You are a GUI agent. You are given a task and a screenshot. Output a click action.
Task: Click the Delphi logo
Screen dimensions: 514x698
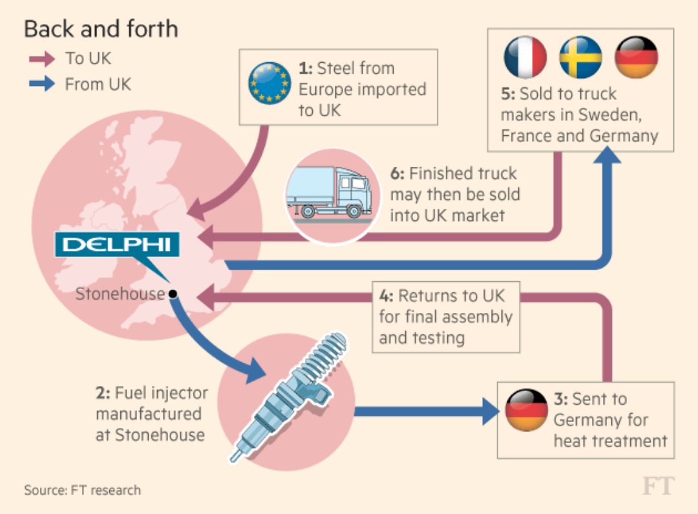(116, 245)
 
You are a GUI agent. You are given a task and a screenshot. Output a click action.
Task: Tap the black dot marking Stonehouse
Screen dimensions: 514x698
(173, 294)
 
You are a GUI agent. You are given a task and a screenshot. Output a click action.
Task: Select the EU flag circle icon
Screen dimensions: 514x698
(270, 83)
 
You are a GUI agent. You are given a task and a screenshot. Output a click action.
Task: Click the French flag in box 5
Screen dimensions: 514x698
(525, 57)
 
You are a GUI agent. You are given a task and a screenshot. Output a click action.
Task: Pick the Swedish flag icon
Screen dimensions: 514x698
(580, 57)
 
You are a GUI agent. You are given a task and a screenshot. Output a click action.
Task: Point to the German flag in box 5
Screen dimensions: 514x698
(636, 57)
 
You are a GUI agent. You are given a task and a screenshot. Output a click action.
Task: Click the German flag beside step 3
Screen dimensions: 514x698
(525, 410)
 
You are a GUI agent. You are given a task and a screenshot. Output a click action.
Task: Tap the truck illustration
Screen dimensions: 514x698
(330, 194)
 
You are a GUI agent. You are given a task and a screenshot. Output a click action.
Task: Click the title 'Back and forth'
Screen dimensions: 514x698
(101, 29)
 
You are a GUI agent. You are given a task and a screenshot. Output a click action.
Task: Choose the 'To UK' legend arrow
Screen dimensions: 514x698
(41, 59)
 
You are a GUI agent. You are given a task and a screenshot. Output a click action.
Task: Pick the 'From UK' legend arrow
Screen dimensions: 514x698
(41, 85)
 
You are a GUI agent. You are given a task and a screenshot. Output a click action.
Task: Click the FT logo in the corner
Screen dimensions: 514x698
(658, 486)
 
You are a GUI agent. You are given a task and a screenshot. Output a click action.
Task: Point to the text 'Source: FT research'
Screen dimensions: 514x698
(82, 489)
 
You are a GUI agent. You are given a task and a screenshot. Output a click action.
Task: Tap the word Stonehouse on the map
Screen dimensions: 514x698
(120, 294)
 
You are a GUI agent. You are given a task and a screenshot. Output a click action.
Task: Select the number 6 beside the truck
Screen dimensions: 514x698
(397, 174)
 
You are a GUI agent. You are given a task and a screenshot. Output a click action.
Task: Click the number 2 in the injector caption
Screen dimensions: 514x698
(101, 392)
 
